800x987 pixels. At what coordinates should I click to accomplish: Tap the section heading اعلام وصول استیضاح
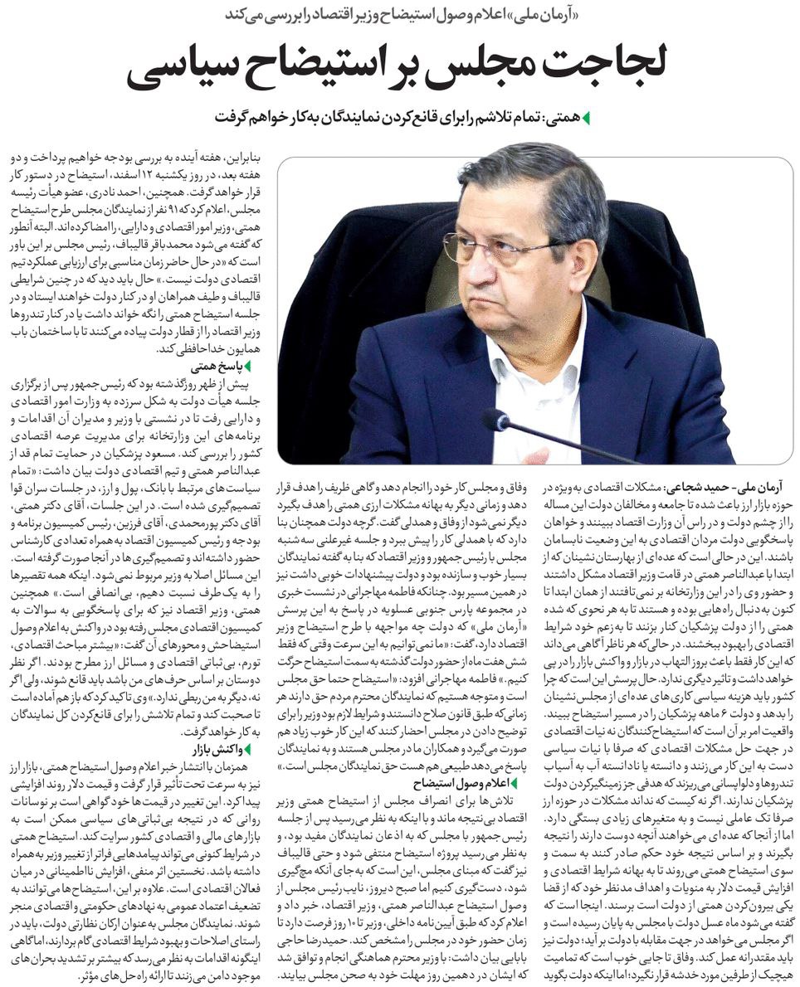tap(461, 782)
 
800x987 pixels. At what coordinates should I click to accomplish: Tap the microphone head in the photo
tap(496, 420)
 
